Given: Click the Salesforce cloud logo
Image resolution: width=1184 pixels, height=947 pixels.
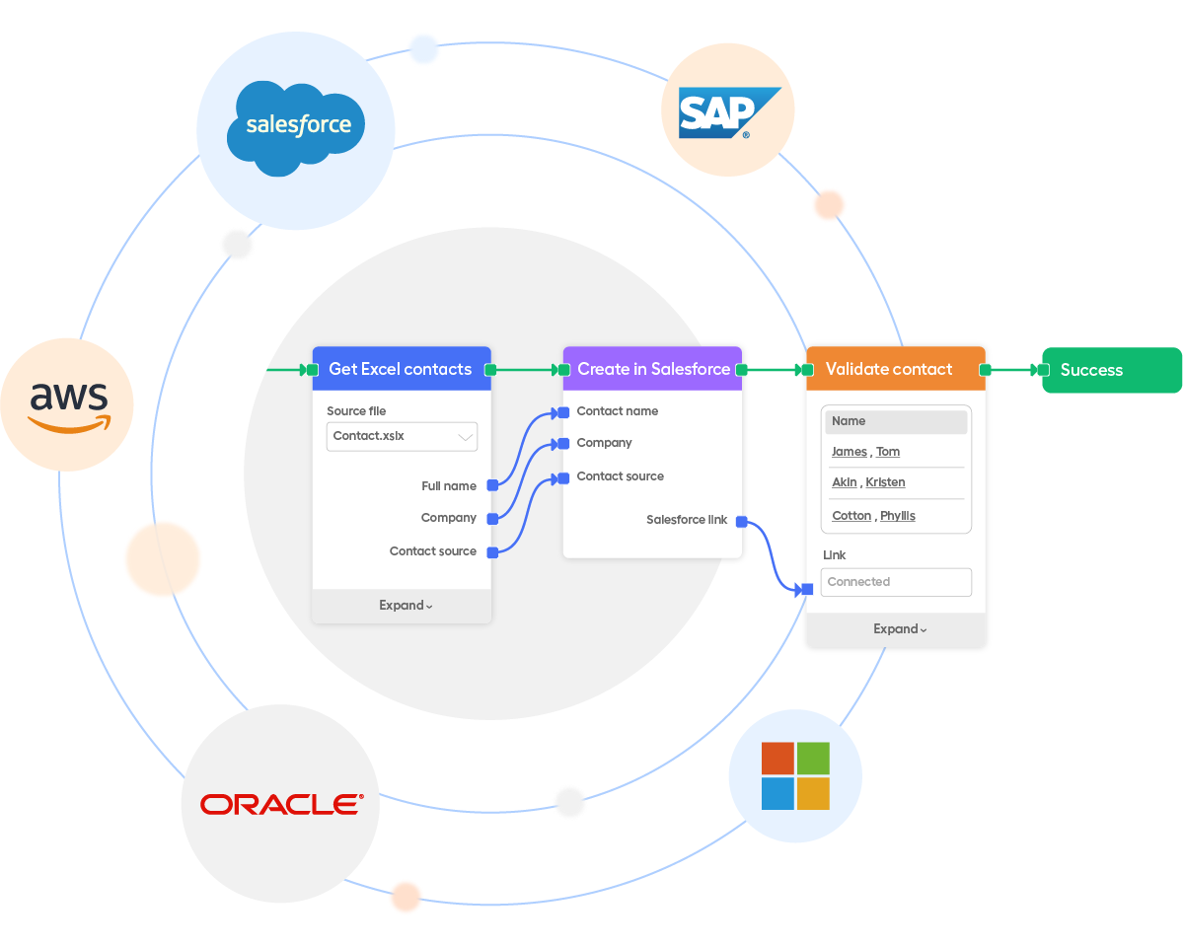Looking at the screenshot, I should [x=298, y=125].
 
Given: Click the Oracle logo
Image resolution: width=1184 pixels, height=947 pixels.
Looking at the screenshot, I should [x=281, y=804].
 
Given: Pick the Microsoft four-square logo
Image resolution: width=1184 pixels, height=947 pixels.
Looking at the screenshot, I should [x=795, y=776].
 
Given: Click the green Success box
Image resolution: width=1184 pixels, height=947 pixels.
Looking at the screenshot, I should [x=1112, y=370].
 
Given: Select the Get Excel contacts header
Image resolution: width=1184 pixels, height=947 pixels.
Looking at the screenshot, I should [x=401, y=369].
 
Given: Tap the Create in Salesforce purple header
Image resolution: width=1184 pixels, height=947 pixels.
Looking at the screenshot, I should [x=653, y=369].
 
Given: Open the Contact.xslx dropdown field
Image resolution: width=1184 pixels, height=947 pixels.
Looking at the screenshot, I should [x=402, y=436].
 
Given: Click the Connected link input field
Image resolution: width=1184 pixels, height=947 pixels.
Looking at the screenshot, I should [x=896, y=582].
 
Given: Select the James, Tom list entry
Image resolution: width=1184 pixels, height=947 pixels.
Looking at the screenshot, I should [x=866, y=452].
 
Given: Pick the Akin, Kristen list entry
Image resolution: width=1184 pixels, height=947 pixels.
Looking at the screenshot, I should [x=868, y=482].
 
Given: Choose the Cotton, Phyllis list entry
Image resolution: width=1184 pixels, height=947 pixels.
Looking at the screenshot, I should [x=873, y=516].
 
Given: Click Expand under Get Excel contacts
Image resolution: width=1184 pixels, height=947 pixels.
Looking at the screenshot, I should [x=405, y=606].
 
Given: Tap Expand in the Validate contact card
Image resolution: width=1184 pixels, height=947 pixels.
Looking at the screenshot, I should [x=899, y=629].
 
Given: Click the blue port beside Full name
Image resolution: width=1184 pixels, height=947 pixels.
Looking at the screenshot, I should [x=492, y=485].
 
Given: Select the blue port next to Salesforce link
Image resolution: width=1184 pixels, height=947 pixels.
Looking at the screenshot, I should [x=741, y=521].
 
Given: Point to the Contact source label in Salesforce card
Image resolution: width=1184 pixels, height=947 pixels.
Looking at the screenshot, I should [x=620, y=476].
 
